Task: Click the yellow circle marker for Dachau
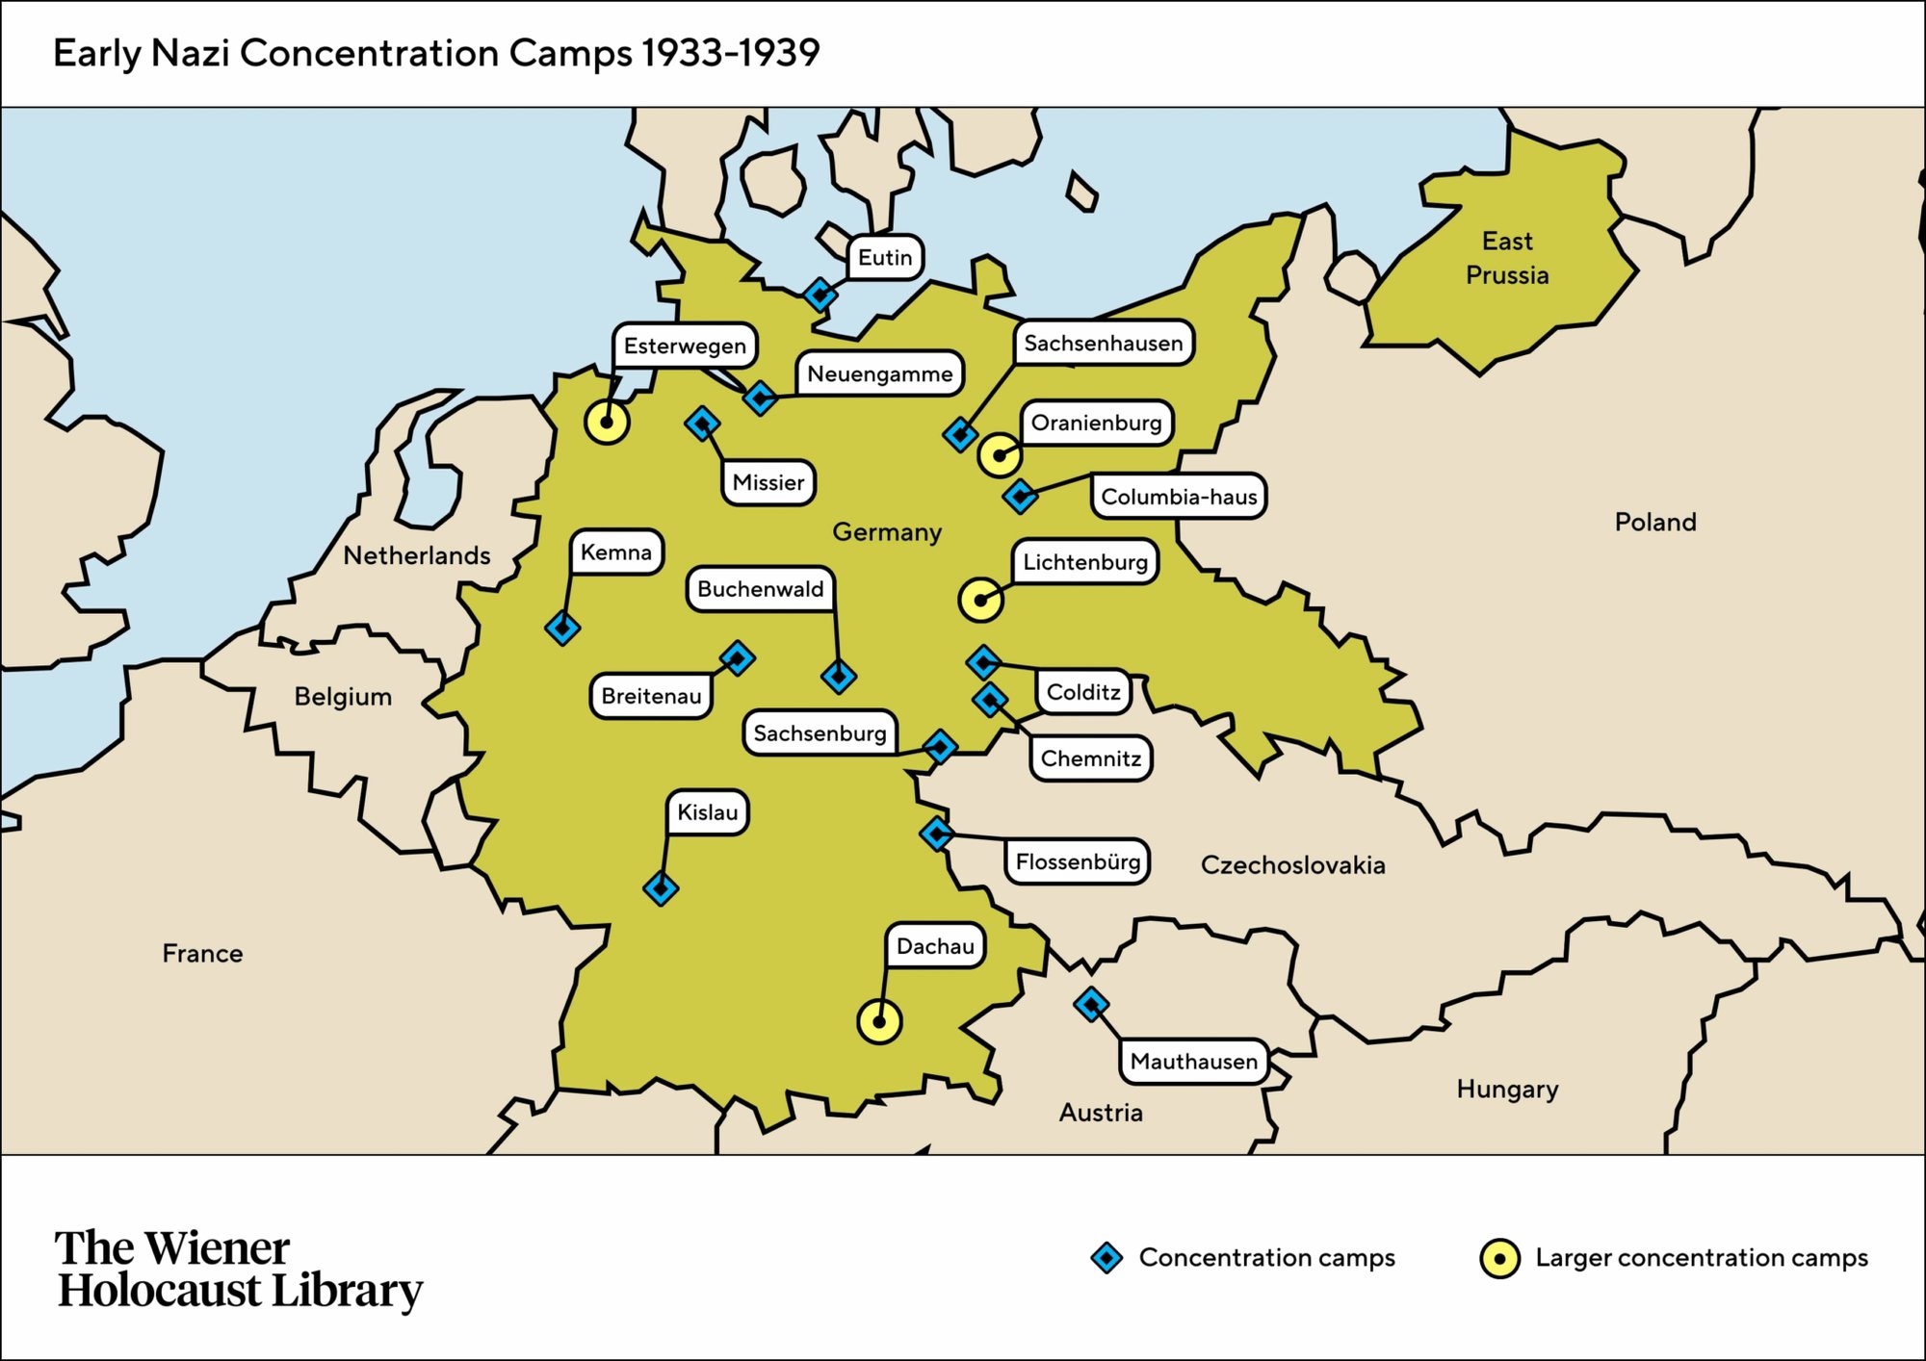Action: (878, 1021)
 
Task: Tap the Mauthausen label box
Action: (1193, 1062)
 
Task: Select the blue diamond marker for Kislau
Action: (661, 887)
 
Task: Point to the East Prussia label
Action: (1507, 258)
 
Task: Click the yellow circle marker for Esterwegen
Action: (607, 422)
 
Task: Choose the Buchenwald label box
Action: (760, 589)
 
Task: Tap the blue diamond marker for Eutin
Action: (820, 294)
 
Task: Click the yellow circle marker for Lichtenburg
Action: (980, 600)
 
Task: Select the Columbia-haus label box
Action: (1179, 497)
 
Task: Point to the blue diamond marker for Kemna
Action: (562, 628)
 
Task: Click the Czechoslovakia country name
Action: (1292, 864)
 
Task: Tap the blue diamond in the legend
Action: (1106, 1257)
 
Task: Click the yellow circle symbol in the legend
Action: (1498, 1258)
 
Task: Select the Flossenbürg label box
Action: (1078, 861)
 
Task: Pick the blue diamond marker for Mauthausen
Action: (1090, 1004)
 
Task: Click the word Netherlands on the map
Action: (416, 555)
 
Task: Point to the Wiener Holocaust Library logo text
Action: (238, 1270)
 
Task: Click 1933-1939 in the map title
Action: (731, 53)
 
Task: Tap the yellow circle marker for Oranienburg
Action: (1000, 454)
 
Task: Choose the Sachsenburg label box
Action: (820, 733)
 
